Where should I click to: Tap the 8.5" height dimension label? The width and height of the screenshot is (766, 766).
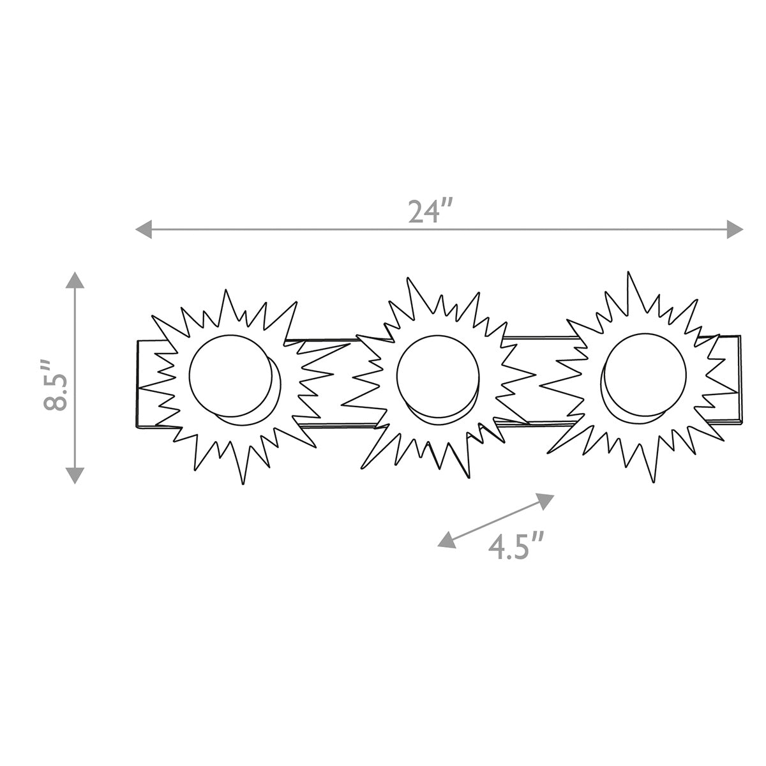(56, 386)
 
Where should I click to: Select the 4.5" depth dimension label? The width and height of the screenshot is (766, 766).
(516, 547)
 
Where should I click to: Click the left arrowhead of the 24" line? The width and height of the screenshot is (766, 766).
(144, 229)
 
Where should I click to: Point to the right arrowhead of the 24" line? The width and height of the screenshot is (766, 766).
(735, 229)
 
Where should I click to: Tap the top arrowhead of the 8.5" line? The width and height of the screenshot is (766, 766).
(75, 280)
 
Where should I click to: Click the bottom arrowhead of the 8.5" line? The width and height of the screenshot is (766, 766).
(75, 476)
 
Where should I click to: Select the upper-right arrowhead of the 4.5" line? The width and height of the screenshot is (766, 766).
(545, 500)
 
